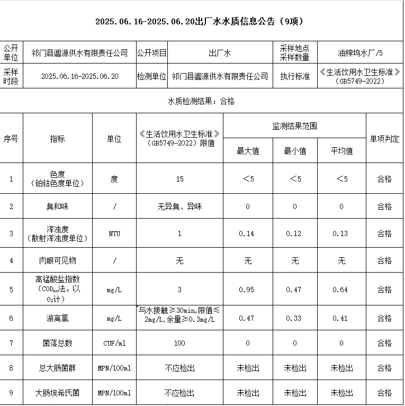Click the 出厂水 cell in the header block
point(220,53)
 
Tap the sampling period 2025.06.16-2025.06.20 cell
point(79,76)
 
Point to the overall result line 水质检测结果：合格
point(201,101)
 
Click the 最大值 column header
point(248,151)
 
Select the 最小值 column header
point(295,151)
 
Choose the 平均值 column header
point(341,151)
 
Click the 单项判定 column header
point(384,139)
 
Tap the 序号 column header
point(11,139)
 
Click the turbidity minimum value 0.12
point(294,233)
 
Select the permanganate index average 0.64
point(341,290)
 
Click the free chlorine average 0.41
point(341,318)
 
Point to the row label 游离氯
point(57,318)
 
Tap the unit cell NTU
point(114,233)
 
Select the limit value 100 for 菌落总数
point(179,344)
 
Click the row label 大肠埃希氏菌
point(57,393)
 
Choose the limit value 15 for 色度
point(179,179)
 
